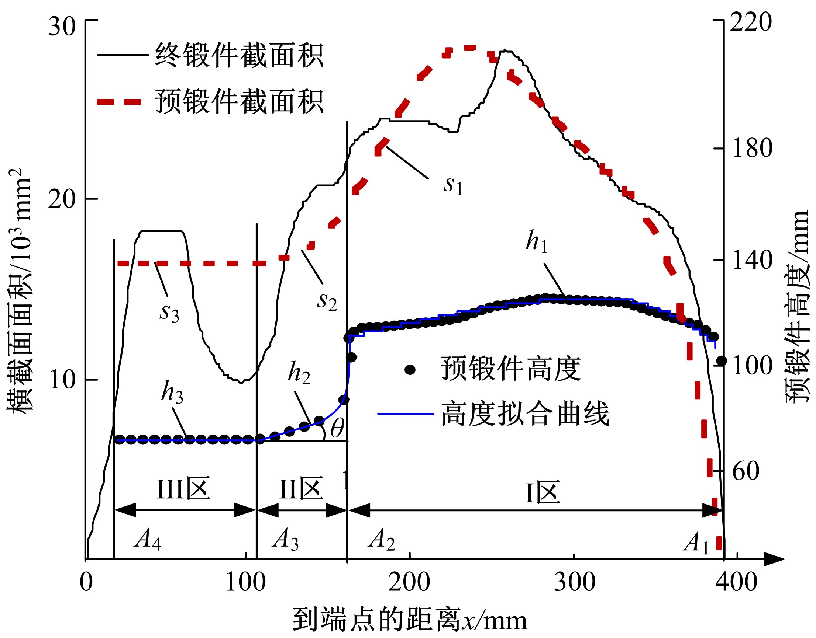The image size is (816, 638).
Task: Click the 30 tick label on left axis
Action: [62, 27]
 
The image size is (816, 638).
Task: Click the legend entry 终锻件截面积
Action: [240, 55]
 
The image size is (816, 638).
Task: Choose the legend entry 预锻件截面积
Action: [240, 101]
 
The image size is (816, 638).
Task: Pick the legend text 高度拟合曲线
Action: [525, 414]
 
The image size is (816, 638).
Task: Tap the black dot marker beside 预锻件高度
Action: [410, 370]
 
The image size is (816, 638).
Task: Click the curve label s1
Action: [453, 185]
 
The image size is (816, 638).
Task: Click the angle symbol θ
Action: [337, 428]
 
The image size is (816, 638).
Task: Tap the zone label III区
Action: [183, 489]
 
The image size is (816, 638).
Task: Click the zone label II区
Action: [302, 489]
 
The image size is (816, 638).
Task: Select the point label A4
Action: [148, 540]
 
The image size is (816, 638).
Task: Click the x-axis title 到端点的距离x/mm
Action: [410, 620]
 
